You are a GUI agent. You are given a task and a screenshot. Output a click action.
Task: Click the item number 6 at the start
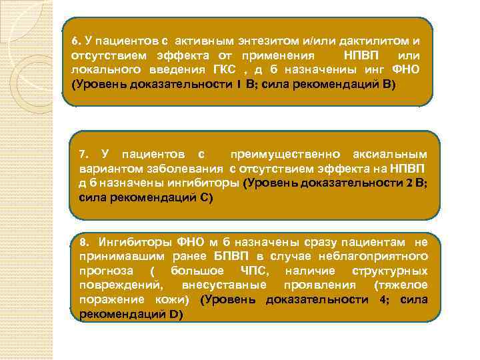[75, 40]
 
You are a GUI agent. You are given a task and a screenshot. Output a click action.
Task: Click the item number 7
[83, 155]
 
